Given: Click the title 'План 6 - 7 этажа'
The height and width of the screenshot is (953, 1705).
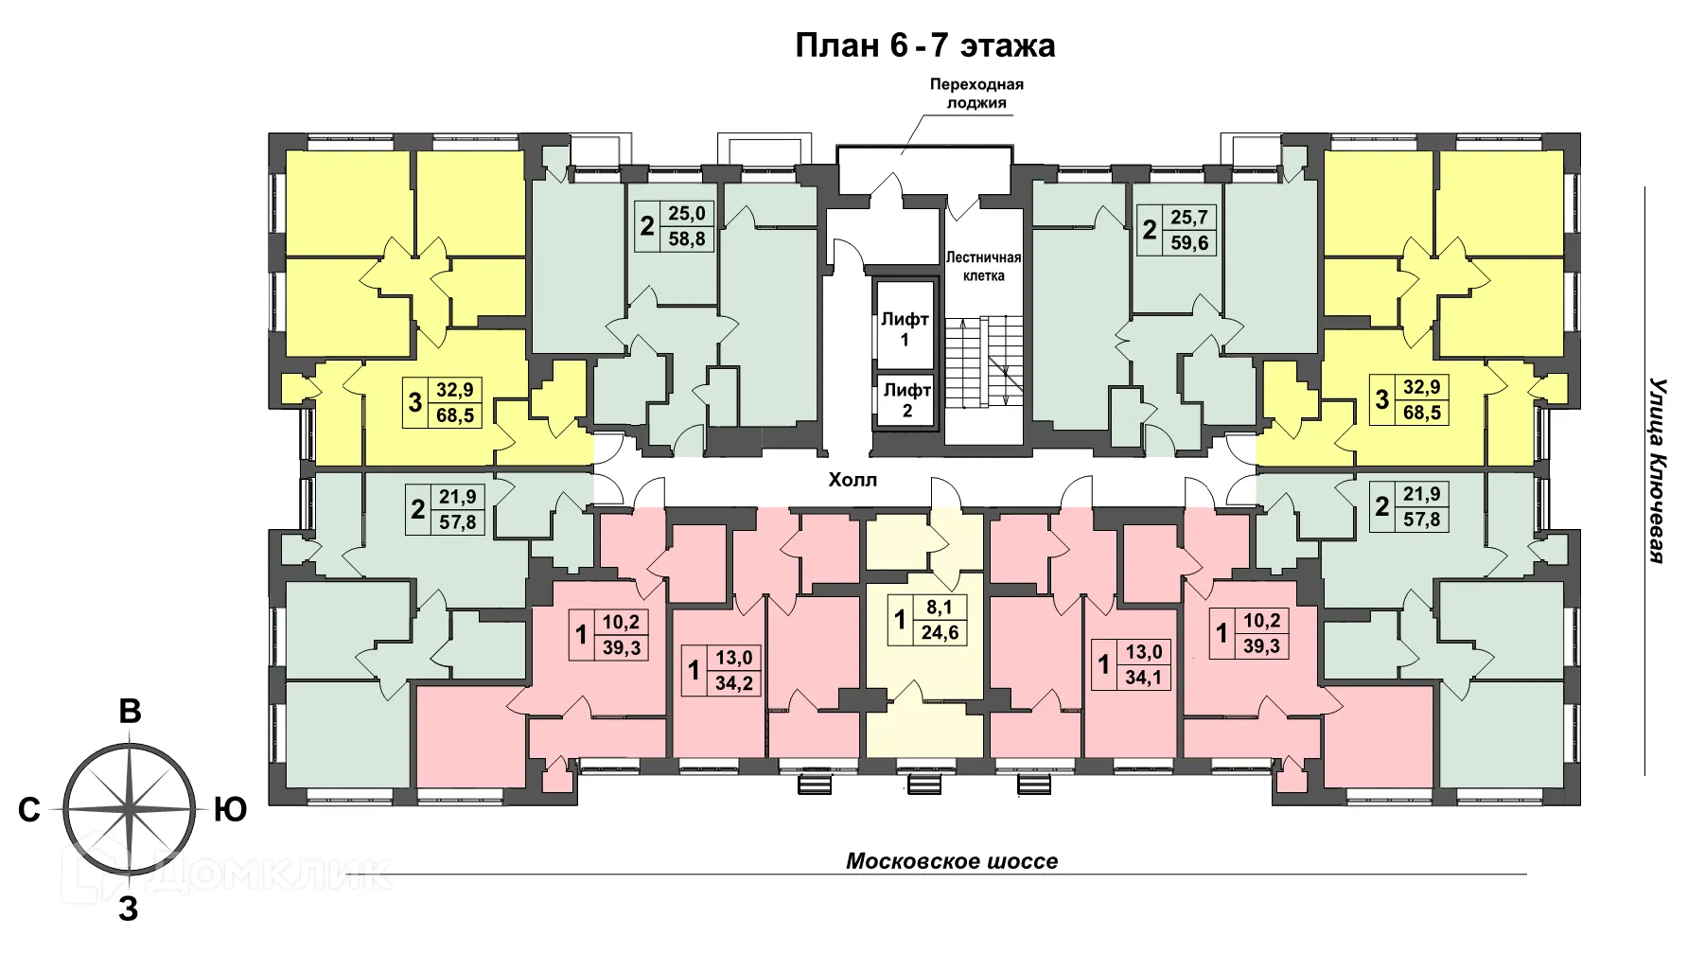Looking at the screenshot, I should [924, 45].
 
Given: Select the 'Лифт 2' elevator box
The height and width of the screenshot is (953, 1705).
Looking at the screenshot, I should [906, 399].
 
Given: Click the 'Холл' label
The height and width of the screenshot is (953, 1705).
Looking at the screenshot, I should [852, 480].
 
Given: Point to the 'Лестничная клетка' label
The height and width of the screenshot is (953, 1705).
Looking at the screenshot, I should [983, 266].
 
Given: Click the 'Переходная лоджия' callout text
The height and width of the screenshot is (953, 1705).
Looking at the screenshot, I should [976, 93].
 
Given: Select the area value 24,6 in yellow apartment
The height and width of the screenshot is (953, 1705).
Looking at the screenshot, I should [940, 633].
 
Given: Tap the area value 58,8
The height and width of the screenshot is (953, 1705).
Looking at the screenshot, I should [687, 238].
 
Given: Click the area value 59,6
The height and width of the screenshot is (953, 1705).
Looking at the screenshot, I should [1189, 242].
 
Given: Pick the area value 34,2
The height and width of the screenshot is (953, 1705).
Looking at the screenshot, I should [734, 682].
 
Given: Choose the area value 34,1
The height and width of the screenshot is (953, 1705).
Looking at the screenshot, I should [1143, 678].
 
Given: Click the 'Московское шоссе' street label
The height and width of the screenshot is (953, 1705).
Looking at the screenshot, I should [951, 861].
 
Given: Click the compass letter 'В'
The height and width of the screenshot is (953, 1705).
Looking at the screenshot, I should [130, 712].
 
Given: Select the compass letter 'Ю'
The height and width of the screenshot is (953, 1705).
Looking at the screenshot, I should [230, 809].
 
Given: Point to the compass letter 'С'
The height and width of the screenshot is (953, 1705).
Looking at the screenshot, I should [29, 810].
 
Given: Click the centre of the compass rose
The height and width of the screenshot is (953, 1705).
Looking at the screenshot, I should [130, 809].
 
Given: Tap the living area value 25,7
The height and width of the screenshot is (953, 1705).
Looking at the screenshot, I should [1189, 218].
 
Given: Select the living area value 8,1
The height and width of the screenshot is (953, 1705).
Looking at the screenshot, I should [940, 609].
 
